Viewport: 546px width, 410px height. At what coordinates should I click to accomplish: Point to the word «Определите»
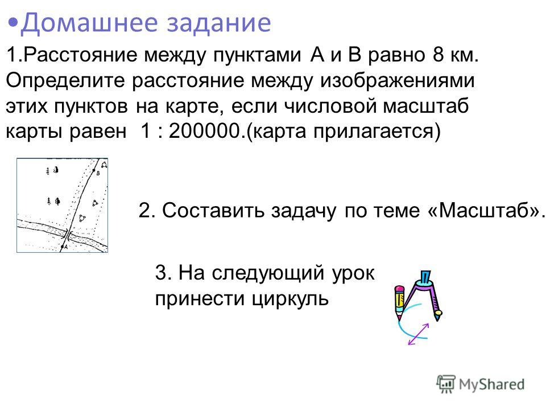(x=65, y=81)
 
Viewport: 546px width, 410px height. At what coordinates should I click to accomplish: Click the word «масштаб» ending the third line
(x=425, y=106)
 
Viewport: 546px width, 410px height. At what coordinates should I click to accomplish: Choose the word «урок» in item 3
(x=353, y=273)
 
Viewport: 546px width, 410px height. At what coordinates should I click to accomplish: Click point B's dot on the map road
(x=94, y=170)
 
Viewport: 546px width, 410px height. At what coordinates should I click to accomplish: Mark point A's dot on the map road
(x=62, y=247)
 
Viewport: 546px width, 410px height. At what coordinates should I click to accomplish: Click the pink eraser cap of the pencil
(x=399, y=289)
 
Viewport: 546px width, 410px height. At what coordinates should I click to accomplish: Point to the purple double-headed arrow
(x=418, y=334)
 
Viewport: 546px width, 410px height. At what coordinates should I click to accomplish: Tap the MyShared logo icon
(x=446, y=384)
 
